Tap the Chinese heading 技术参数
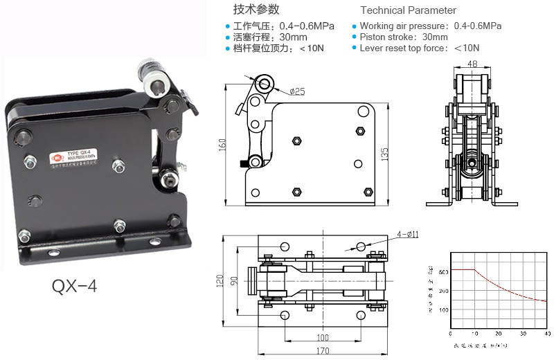pyautogui.click(x=256, y=10)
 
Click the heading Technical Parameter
pyautogui.click(x=409, y=10)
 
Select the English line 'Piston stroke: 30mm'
pyautogui.click(x=404, y=37)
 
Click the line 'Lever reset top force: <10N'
pyautogui.click(x=419, y=48)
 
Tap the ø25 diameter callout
pyautogui.click(x=297, y=91)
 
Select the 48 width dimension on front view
pyautogui.click(x=473, y=64)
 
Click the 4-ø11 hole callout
pyautogui.click(x=406, y=234)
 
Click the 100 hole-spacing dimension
pyautogui.click(x=322, y=337)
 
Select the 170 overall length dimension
pyautogui.click(x=323, y=351)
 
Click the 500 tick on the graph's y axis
pyautogui.click(x=443, y=271)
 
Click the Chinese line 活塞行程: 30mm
pyautogui.click(x=275, y=37)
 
